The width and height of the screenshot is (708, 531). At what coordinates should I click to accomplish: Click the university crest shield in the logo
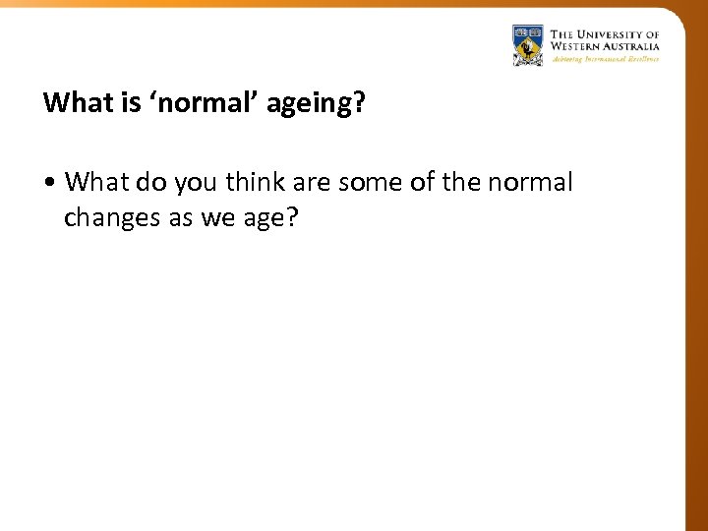528,45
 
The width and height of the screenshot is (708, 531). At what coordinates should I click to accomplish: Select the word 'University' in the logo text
618,34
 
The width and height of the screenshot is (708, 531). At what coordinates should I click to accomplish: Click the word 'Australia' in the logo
632,46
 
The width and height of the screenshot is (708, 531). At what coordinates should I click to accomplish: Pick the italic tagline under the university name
605,59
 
